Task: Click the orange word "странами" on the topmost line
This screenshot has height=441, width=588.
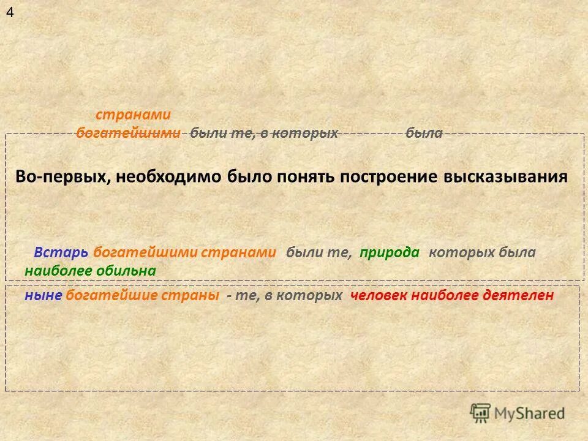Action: [133, 115]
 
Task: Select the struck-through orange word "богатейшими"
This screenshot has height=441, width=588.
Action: [129, 134]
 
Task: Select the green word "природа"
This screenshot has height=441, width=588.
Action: [390, 252]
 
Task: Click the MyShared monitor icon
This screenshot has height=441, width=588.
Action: [481, 413]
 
